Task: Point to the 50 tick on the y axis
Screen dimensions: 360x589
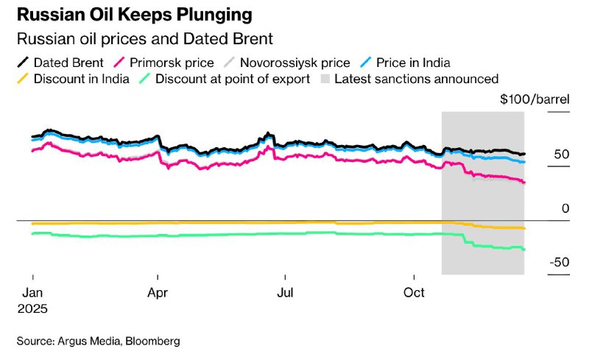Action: [x=562, y=155]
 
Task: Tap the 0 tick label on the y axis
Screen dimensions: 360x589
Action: [x=565, y=209]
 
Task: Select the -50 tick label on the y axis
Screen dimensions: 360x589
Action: [x=559, y=263]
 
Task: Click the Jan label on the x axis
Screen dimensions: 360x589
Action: [x=32, y=292]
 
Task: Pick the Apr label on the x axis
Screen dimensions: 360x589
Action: [x=158, y=292]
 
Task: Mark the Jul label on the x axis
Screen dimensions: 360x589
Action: [x=285, y=292]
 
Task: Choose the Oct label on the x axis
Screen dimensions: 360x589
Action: [x=415, y=292]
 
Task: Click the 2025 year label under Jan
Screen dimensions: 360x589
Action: [x=32, y=308]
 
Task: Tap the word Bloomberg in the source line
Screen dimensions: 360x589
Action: [x=154, y=341]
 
